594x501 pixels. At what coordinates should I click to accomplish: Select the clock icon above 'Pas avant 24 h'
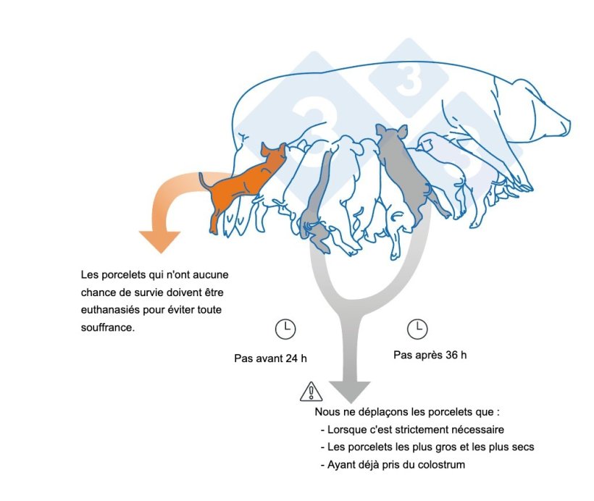coord(285,329)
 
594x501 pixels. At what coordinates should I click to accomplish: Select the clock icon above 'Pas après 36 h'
coord(417,329)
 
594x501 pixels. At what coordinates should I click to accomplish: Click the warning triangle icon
coord(311,392)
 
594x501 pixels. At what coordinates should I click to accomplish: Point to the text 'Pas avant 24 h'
coord(270,358)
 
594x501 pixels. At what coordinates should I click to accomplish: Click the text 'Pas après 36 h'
coord(430,355)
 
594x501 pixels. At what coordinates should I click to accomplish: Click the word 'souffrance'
coord(108,327)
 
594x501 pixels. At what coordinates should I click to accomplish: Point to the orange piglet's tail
coord(206,181)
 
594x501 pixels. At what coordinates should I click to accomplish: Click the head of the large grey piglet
coord(391,135)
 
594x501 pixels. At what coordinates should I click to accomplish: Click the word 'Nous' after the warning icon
coord(327,411)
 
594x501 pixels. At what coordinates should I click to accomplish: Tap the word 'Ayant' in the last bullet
coord(342,465)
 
